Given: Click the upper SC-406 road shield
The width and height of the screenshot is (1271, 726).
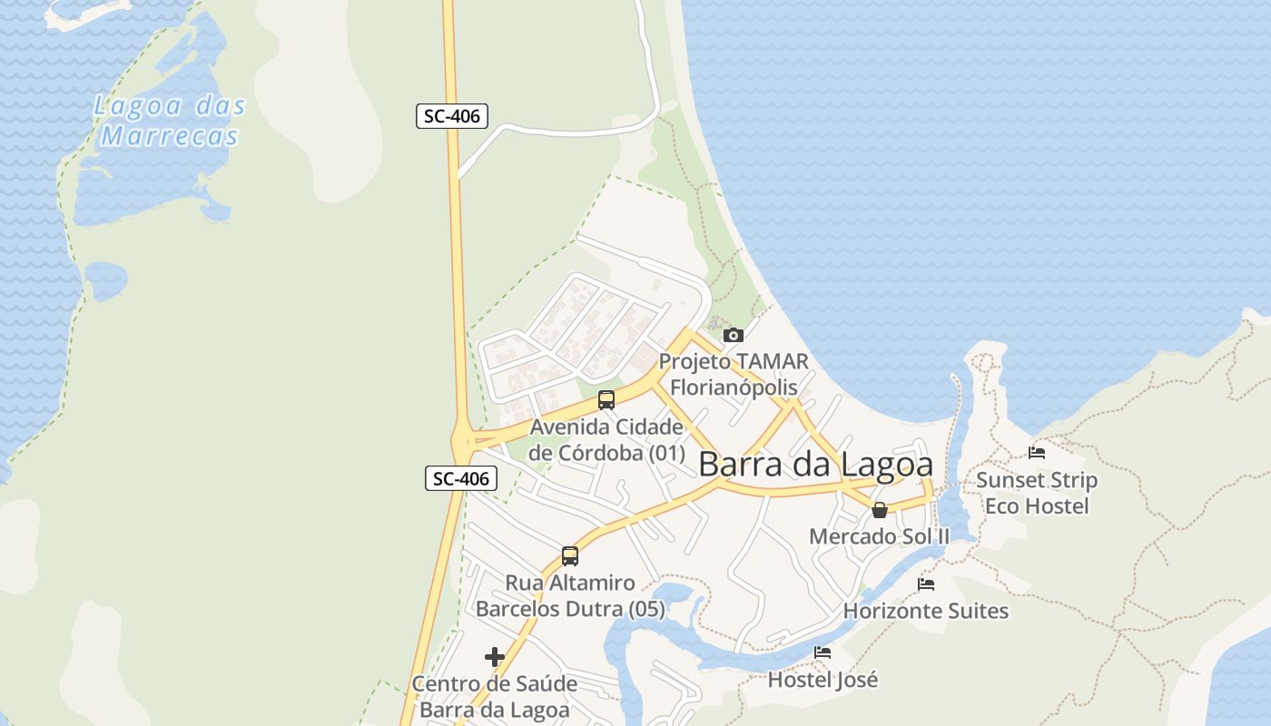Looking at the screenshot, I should coord(452,116).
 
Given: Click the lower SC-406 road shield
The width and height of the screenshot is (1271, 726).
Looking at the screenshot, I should coord(461,478).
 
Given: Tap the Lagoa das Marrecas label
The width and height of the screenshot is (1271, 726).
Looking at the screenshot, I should coord(170,121).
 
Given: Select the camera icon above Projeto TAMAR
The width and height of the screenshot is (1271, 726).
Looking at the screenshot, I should coord(734,336).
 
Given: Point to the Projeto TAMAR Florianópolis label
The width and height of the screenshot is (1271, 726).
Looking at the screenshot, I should coord(734,374).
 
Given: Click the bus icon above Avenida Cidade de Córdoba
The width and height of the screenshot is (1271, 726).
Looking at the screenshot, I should coord(606,399).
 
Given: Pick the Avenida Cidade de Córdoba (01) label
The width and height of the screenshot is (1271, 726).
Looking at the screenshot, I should coord(606,439).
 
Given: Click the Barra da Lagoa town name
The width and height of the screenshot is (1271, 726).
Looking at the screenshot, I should coord(815,465).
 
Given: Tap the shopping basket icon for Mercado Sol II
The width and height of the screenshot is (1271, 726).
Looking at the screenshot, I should coord(879,510).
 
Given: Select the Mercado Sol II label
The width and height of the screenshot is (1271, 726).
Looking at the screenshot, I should coord(879,536).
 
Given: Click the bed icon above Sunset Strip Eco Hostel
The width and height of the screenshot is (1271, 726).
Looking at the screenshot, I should coord(1037,452).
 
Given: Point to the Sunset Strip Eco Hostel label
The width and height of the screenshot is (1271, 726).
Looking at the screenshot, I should coord(1037,493).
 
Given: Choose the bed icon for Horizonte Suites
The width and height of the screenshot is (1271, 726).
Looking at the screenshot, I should coord(926,584).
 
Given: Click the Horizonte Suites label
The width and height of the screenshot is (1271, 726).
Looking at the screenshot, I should coord(926,611).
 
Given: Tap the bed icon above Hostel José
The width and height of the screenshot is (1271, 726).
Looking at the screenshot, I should coord(823,652).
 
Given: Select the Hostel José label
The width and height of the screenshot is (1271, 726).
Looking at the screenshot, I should coord(823,679).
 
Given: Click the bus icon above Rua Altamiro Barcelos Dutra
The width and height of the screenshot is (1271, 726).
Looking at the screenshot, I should coord(570,555).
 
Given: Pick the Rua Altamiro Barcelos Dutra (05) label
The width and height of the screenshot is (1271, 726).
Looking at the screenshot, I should coord(570,595).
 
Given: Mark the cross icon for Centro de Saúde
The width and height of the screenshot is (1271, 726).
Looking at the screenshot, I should coord(495,656).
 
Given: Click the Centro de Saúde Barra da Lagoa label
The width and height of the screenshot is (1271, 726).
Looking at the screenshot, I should coord(495,696).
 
